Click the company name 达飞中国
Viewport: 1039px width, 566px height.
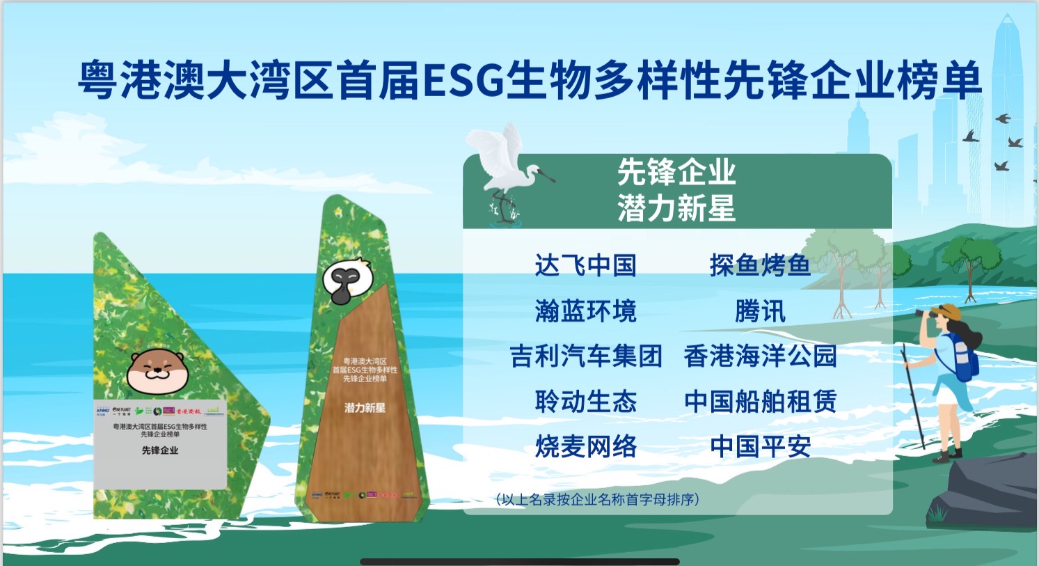pos(585,265)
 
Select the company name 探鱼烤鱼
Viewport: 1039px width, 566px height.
pos(760,265)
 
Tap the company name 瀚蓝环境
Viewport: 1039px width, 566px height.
pos(585,311)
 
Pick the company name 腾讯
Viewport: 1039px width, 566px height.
pos(760,311)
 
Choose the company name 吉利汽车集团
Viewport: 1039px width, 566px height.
pos(585,356)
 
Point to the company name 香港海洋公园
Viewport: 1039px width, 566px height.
pos(760,356)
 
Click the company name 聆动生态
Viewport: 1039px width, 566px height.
pos(585,402)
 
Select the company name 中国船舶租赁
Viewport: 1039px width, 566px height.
pos(760,402)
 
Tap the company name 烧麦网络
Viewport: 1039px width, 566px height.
pos(585,447)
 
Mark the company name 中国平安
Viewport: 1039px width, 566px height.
pos(760,447)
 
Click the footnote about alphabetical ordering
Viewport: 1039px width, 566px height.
pos(597,499)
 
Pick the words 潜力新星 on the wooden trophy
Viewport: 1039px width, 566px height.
pos(365,407)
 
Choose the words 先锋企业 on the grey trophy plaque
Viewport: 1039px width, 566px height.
pos(160,450)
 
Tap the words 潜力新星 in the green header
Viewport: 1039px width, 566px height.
pos(676,208)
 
